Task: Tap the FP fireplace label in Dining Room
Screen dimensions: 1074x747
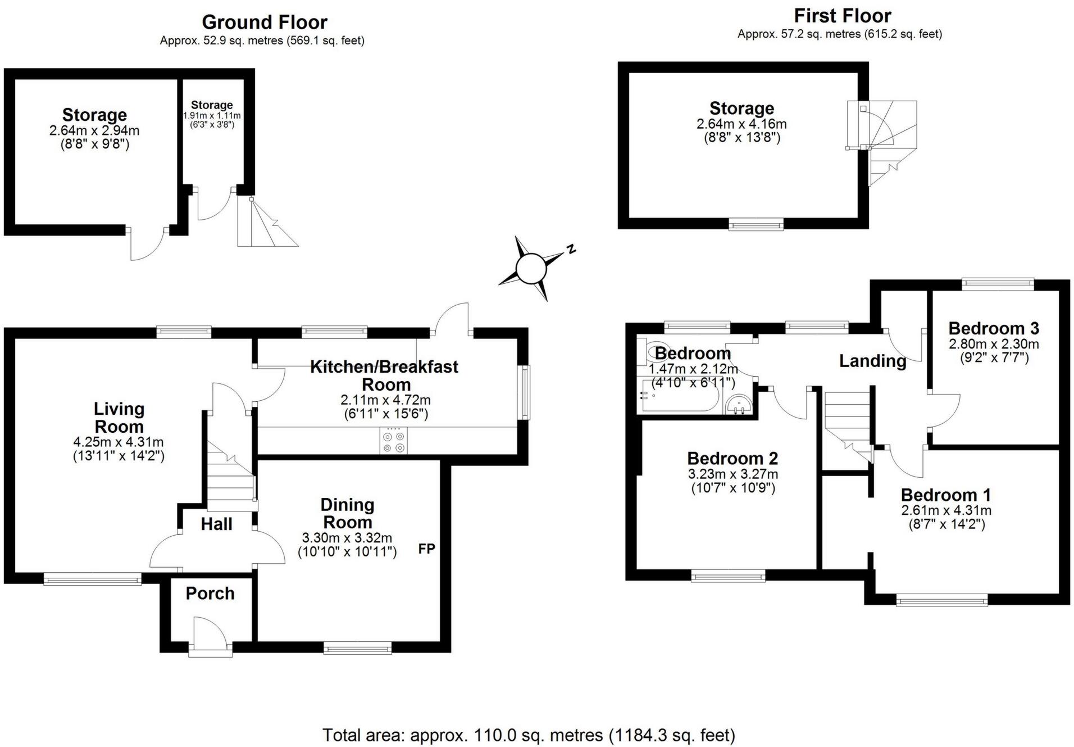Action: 427,549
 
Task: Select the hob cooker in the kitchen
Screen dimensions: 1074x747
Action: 394,441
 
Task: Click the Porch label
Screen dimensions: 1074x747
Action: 210,593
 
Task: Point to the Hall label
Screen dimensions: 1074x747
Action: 217,524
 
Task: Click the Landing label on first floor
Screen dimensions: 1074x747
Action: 873,361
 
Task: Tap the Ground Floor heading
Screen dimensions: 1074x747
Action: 265,22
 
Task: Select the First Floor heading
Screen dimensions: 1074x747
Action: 843,16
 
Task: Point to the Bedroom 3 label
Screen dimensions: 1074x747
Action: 994,328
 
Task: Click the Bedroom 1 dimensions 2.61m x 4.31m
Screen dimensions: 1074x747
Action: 946,510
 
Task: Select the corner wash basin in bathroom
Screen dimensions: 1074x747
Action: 739,404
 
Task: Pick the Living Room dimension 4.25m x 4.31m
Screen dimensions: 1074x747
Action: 119,442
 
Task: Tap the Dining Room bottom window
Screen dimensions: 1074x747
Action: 358,648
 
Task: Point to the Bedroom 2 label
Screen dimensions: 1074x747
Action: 732,459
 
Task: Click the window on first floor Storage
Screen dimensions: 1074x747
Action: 756,224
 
